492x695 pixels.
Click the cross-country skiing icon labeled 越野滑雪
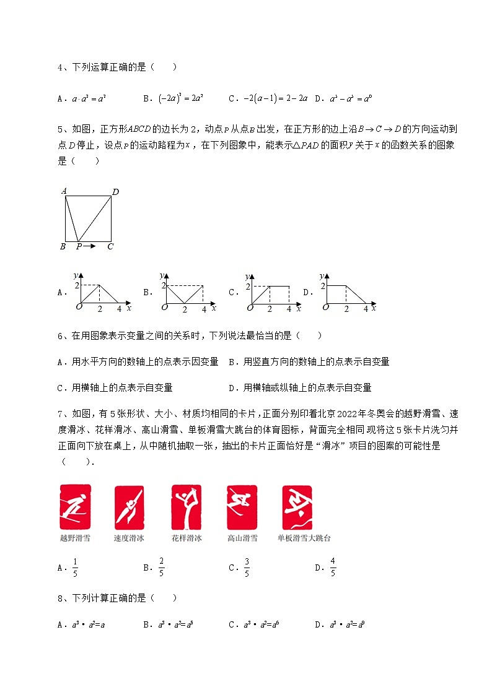click(x=76, y=507)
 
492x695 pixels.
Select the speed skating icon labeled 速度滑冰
click(x=129, y=507)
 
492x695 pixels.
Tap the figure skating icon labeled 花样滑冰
click(x=187, y=507)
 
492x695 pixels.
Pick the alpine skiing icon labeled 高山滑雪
click(x=242, y=507)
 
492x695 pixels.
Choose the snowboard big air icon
click(x=297, y=507)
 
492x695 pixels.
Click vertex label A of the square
click(x=64, y=191)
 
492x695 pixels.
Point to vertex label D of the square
click(x=115, y=192)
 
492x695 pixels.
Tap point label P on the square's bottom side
click(x=79, y=247)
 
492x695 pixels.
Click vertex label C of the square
click(x=110, y=247)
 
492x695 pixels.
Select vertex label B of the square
click(x=63, y=247)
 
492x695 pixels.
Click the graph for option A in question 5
click(x=102, y=292)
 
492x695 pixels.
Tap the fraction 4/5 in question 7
click(x=333, y=567)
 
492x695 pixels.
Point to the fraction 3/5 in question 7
click(x=247, y=567)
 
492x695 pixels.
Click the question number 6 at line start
click(x=60, y=336)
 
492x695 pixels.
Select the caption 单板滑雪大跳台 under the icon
click(x=304, y=538)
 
